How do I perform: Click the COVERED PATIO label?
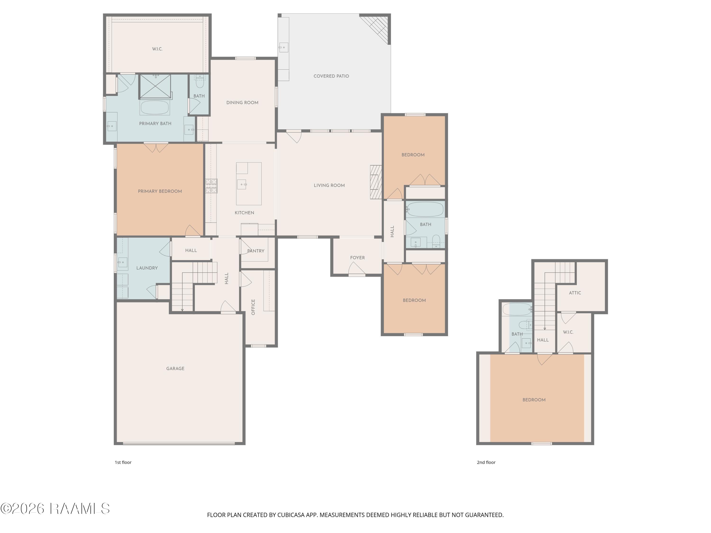tap(331, 76)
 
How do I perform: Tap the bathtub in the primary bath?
tap(155, 108)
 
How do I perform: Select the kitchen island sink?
tap(242, 184)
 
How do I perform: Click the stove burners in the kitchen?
tap(211, 186)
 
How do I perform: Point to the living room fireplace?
tap(376, 182)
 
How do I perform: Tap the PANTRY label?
tap(256, 251)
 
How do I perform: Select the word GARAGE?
tap(175, 369)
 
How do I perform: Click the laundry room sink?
tap(122, 262)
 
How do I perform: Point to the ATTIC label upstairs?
tap(575, 293)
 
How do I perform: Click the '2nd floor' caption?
tap(486, 462)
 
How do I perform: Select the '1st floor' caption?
tap(123, 462)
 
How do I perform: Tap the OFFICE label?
tap(253, 307)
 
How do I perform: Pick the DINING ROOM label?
tap(242, 103)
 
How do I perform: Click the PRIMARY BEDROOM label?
tap(160, 191)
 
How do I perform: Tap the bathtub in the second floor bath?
tap(517, 309)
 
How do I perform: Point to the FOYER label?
tap(357, 258)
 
